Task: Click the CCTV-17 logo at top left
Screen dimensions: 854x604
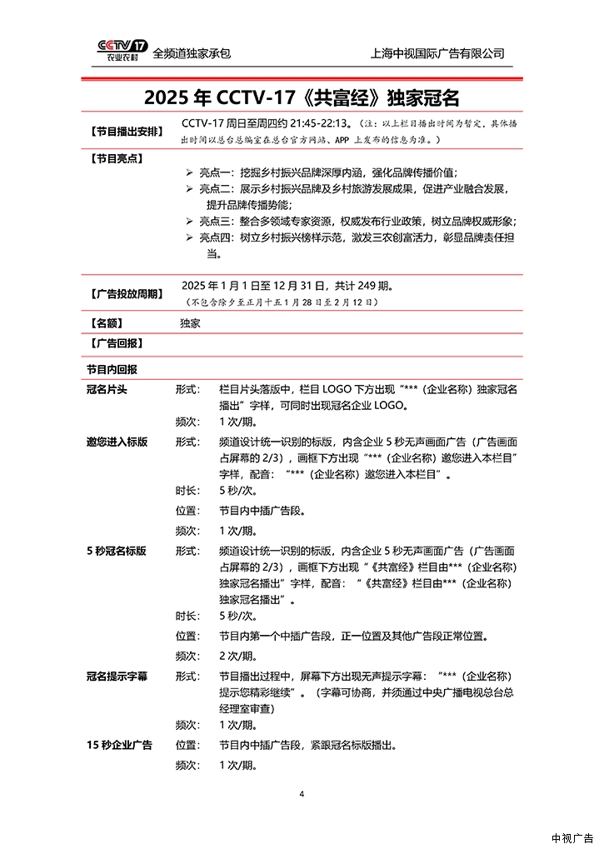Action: (122, 50)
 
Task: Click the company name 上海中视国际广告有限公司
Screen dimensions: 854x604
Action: (437, 53)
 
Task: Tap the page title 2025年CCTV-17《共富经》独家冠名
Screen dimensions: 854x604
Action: (302, 97)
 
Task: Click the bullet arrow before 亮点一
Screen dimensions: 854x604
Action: (188, 172)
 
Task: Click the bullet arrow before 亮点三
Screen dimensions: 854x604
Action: (188, 221)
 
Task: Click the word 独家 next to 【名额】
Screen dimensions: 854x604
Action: (190, 322)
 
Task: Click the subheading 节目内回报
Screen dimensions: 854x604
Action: (112, 369)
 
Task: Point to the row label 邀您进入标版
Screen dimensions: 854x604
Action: (117, 442)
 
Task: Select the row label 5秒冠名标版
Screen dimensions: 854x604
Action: (117, 551)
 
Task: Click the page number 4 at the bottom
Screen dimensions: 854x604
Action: (302, 793)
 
